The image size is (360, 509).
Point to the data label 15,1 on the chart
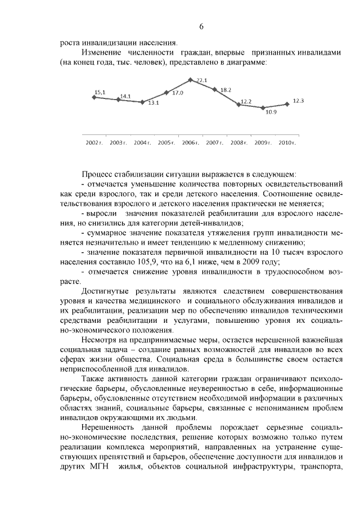(100, 92)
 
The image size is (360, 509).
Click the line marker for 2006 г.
(191, 79)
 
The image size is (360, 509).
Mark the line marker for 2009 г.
(263, 107)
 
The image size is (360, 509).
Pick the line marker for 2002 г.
(93, 97)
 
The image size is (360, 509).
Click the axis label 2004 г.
(142, 143)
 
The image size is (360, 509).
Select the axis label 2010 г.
(287, 143)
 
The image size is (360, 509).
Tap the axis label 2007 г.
(214, 143)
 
